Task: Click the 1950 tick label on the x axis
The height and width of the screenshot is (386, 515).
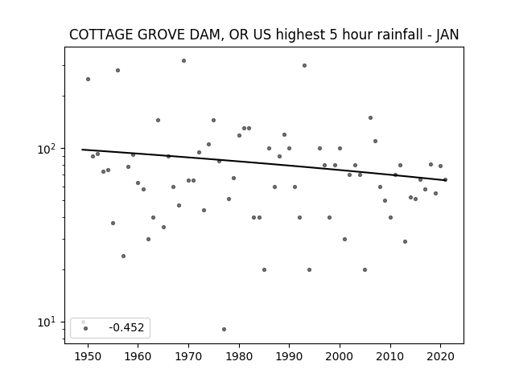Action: (x=88, y=356)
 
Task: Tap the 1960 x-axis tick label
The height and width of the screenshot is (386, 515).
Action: (x=138, y=356)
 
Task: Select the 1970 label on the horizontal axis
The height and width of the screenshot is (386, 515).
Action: (x=188, y=356)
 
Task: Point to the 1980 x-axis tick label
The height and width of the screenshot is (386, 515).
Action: (x=239, y=356)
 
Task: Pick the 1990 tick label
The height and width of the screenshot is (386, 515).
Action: (x=290, y=356)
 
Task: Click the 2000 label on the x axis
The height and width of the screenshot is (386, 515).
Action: (x=340, y=356)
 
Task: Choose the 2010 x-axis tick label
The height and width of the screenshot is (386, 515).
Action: (x=390, y=356)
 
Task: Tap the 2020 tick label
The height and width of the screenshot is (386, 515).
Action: (x=440, y=356)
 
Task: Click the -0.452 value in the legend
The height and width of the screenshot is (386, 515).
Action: (x=126, y=327)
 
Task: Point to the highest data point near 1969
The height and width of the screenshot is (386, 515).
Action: (x=184, y=61)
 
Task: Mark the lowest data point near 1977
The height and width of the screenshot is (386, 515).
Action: (x=224, y=329)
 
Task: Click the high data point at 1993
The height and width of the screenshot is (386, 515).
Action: (x=304, y=66)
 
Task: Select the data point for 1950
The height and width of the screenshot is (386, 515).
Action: (x=88, y=79)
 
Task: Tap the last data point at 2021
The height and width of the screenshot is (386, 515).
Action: (x=445, y=179)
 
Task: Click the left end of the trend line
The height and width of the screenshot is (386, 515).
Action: (x=82, y=150)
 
